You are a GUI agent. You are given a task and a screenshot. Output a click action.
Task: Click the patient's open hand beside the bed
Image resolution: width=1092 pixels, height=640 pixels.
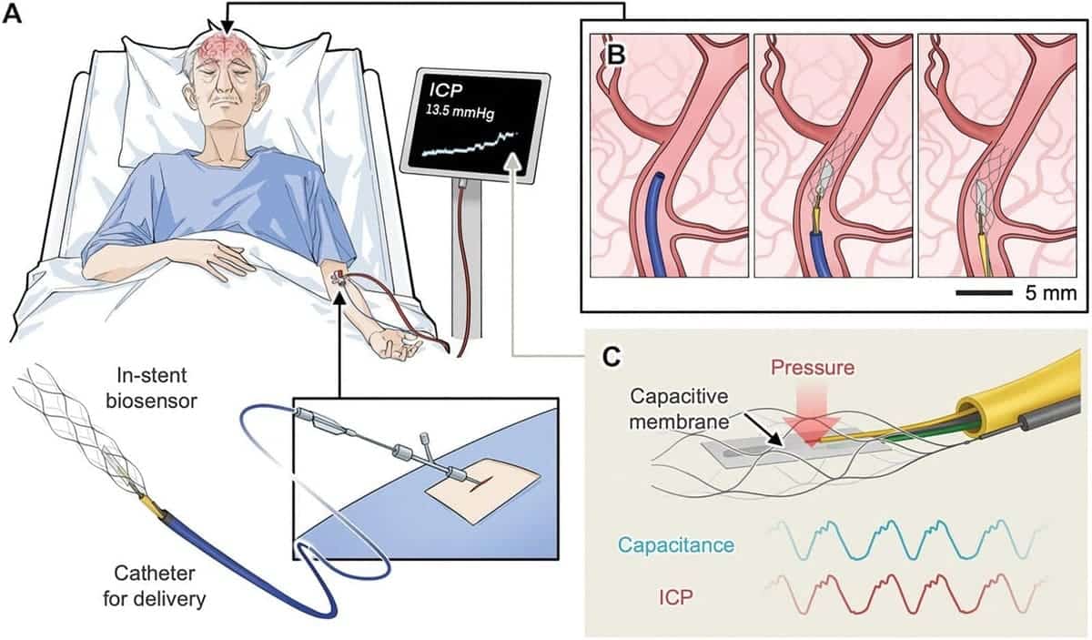pos(392,342)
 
